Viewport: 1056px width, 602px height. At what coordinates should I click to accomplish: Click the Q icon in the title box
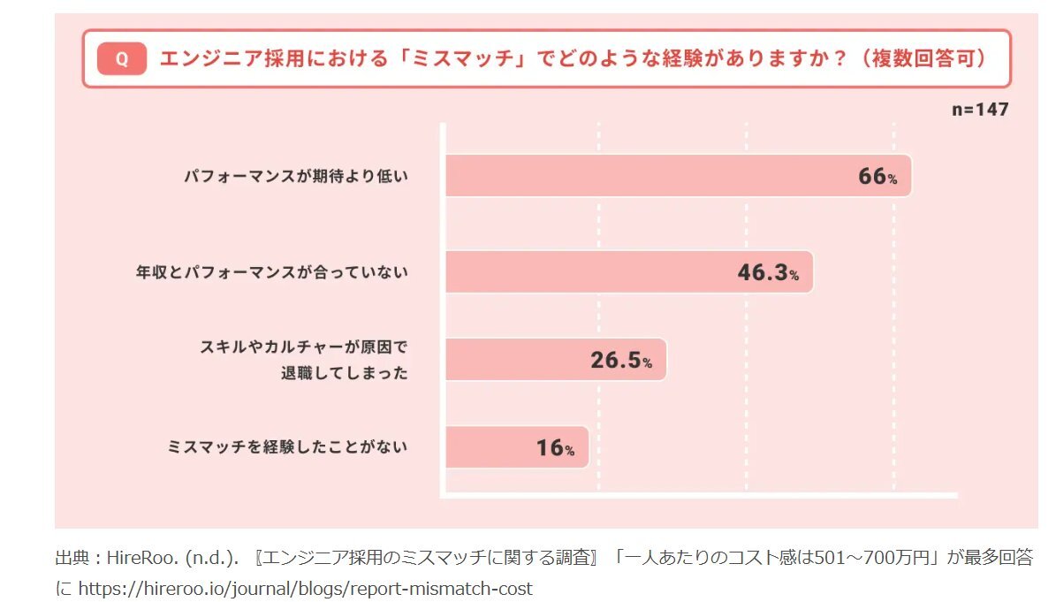tap(121, 59)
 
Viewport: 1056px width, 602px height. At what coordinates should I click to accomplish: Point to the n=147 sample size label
tap(979, 110)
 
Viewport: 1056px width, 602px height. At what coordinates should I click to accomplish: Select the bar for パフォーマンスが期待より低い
tap(654, 176)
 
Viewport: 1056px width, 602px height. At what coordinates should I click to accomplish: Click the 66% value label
tap(877, 177)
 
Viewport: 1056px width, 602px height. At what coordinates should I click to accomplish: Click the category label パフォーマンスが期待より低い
tap(296, 177)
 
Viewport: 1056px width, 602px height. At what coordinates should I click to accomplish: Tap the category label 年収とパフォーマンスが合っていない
tap(270, 272)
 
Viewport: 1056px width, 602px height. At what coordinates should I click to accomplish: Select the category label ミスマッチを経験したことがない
tap(287, 447)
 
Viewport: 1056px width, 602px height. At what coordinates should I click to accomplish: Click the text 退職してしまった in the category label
tap(345, 373)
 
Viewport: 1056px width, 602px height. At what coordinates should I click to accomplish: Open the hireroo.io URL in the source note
tap(305, 589)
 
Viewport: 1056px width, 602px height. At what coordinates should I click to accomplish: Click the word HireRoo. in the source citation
tap(140, 559)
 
